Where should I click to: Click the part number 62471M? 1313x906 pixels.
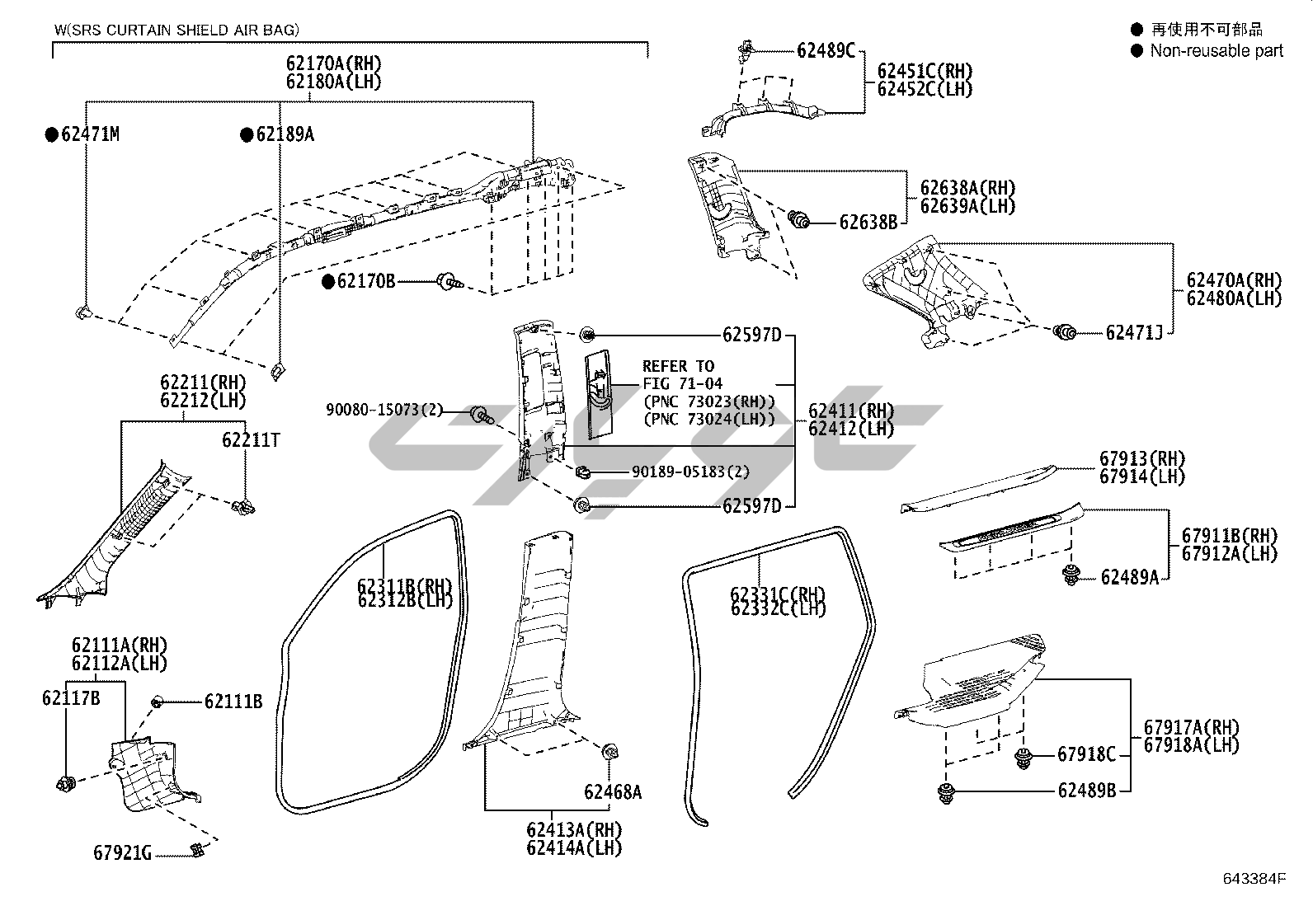(x=90, y=134)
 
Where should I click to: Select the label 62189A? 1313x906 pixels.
(x=285, y=134)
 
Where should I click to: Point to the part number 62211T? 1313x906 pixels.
(x=250, y=440)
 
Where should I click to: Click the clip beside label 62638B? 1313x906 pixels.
(x=798, y=220)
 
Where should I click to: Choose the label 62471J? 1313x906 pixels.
(x=1133, y=332)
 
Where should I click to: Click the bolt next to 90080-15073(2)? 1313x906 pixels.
(x=479, y=414)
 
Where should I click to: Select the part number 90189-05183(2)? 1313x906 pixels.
(x=690, y=472)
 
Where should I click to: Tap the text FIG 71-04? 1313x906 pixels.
(x=682, y=383)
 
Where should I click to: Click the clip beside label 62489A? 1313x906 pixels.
(x=1071, y=576)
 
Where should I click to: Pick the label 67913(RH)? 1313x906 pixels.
(x=1141, y=459)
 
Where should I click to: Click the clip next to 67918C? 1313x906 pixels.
(x=1024, y=758)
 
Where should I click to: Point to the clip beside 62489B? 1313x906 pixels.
(x=946, y=794)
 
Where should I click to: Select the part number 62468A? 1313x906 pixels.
(x=612, y=792)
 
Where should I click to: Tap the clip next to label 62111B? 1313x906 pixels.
(x=157, y=702)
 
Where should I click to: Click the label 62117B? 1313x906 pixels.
(x=71, y=698)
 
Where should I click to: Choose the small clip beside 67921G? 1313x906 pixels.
(x=196, y=849)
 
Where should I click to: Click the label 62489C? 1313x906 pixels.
(x=826, y=50)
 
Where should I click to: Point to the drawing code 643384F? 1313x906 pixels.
(x=1254, y=879)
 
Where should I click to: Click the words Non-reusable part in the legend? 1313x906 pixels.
(x=1217, y=50)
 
